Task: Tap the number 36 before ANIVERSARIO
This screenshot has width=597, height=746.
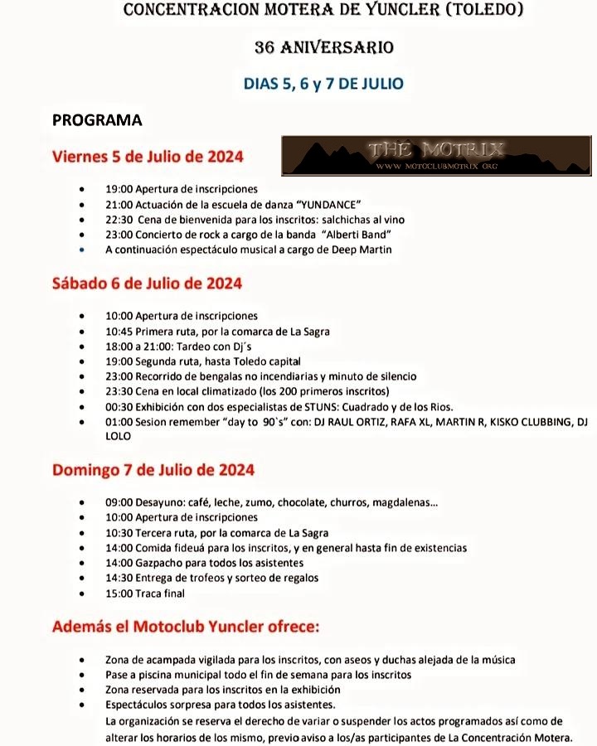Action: (266, 47)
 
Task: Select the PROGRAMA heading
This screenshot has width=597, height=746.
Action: (97, 120)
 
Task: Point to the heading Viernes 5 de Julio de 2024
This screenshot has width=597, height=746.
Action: (147, 156)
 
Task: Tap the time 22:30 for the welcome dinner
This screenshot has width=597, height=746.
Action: (119, 220)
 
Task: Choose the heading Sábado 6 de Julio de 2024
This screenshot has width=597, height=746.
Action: (147, 283)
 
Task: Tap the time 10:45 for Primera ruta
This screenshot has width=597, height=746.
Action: (119, 331)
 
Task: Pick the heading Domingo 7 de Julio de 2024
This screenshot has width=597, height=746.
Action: (153, 470)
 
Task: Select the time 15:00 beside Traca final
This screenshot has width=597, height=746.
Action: (119, 593)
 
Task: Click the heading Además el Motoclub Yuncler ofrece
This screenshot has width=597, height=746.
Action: (186, 627)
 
